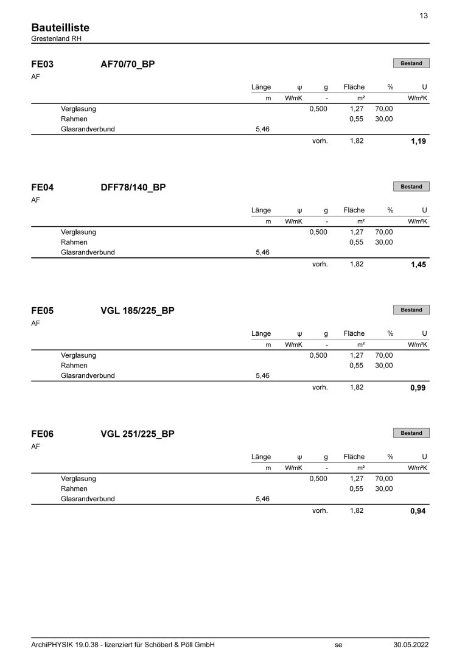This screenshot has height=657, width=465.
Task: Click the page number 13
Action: [424, 16]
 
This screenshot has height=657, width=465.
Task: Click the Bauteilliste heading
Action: [60, 28]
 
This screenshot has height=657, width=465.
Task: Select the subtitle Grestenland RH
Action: [56, 38]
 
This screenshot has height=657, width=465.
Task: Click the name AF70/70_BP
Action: [127, 64]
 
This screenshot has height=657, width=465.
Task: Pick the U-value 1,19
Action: [418, 142]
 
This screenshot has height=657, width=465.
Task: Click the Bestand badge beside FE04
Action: [411, 187]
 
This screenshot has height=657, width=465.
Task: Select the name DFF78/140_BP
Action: [133, 187]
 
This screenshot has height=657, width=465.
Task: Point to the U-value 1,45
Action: [418, 265]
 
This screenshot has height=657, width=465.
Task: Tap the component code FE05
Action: [42, 311]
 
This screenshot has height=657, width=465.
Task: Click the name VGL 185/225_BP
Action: [138, 311]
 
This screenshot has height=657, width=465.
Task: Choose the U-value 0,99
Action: [418, 388]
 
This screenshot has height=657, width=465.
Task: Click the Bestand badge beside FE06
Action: [411, 433]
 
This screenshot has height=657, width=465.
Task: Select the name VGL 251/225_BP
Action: [138, 434]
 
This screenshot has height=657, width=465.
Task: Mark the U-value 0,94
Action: [418, 512]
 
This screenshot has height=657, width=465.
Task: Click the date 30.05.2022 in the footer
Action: [411, 645]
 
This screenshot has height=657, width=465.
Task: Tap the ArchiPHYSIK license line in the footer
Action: [122, 645]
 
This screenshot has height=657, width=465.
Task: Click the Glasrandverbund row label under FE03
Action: [88, 129]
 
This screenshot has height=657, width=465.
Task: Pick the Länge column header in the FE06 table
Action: [261, 457]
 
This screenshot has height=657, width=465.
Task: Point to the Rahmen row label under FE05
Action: [74, 366]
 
